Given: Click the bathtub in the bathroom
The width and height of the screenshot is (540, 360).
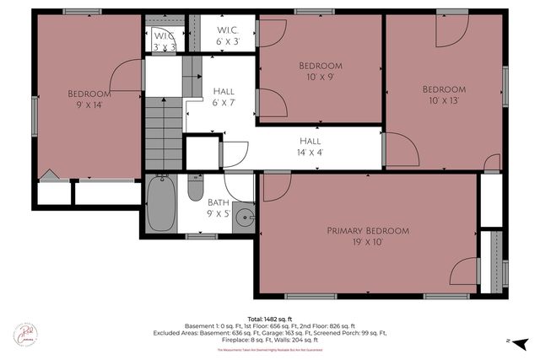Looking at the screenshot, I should tap(160, 203).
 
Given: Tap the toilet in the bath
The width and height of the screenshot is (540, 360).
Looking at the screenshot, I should tap(195, 187).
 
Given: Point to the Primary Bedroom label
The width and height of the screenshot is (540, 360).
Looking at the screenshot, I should tap(368, 230).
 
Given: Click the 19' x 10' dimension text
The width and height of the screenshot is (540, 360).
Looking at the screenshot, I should tap(368, 242).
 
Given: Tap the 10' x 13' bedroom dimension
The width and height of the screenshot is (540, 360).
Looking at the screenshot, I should tap(444, 101).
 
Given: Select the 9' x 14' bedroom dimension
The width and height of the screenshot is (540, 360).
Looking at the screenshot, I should tap(89, 105).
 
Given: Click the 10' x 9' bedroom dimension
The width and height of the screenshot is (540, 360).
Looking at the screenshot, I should tap(321, 78).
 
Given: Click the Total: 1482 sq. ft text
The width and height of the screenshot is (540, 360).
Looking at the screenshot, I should tap(270, 318).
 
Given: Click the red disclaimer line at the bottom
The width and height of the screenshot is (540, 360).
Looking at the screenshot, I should tap(270, 349).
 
